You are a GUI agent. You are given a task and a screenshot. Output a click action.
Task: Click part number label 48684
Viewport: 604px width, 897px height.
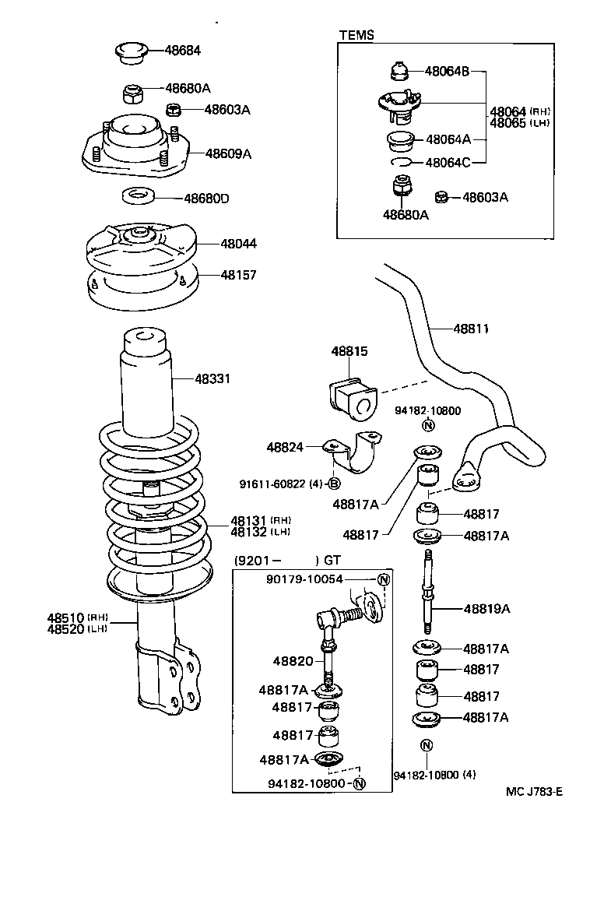[x=182, y=51]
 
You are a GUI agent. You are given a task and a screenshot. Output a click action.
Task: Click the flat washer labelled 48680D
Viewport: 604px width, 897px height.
[x=139, y=195]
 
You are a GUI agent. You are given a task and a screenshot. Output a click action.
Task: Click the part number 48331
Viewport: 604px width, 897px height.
[x=212, y=379]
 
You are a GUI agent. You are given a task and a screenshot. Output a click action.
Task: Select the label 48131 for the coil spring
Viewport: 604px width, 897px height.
[x=248, y=520]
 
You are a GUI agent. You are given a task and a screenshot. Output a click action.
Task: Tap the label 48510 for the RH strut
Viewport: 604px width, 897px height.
[x=65, y=617]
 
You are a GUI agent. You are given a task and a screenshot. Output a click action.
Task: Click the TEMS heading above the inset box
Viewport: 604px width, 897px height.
[x=356, y=35]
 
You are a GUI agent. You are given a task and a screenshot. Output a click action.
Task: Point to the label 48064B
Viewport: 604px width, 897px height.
[x=447, y=72]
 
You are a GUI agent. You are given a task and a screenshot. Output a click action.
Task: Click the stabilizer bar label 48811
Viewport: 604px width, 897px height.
[x=472, y=329]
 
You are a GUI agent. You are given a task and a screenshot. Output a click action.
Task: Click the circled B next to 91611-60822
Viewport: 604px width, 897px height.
[x=334, y=484]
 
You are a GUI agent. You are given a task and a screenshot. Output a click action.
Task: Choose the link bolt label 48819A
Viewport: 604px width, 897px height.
[x=486, y=609]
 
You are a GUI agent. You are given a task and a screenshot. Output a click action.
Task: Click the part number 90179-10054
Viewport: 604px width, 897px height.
[x=314, y=579]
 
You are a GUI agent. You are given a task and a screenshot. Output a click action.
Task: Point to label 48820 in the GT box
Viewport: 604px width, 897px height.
[x=293, y=661]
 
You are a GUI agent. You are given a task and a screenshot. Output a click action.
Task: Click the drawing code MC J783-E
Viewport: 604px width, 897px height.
[x=534, y=792]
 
